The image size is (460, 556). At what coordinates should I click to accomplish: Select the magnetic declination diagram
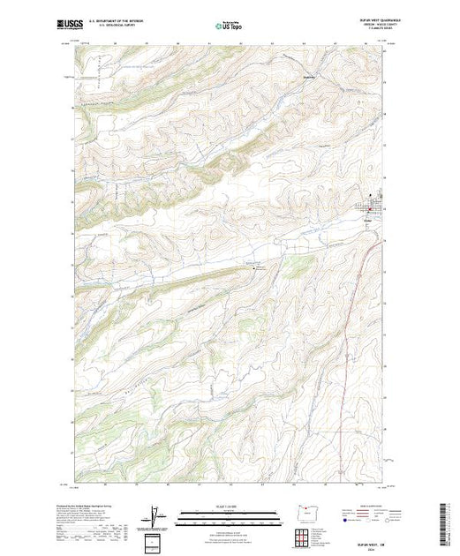click(x=156, y=516)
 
